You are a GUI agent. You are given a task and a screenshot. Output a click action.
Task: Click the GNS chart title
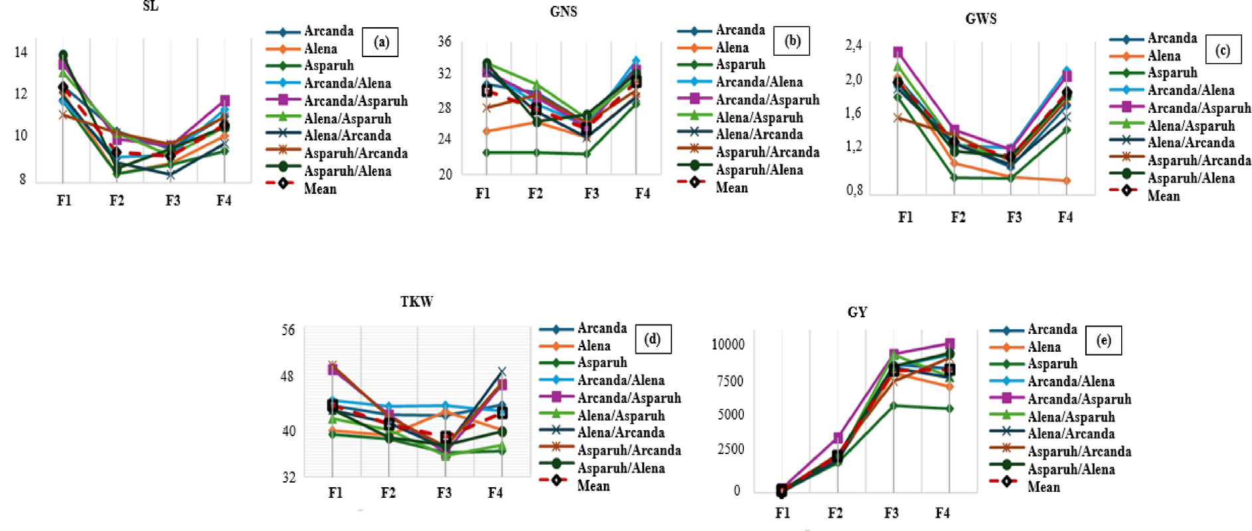[x=563, y=11]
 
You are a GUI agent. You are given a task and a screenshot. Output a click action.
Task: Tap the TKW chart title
[x=416, y=301]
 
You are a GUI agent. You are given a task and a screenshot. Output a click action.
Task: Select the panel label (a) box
[x=381, y=42]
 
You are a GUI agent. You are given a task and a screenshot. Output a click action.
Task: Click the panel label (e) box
[x=1103, y=340]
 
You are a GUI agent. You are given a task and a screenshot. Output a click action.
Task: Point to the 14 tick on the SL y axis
[x=21, y=52]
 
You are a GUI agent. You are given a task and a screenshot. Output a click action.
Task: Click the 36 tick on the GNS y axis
[x=444, y=41]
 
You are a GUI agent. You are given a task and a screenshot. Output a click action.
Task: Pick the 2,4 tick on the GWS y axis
[x=853, y=45]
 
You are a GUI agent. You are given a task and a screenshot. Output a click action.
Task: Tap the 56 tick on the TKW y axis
[x=288, y=330]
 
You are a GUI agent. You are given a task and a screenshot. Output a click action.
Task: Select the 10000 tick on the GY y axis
[x=727, y=344]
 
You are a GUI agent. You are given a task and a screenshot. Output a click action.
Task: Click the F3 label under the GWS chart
[x=1014, y=217]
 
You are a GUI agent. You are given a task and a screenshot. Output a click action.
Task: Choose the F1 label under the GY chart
[x=782, y=512]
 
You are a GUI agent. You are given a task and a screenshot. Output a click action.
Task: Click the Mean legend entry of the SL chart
[x=319, y=189]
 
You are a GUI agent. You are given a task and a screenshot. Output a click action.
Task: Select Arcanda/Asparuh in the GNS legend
[x=767, y=100]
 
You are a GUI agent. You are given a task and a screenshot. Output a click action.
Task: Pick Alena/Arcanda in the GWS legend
[x=1190, y=142]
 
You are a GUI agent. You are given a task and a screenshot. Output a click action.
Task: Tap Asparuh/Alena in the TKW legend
[x=620, y=468]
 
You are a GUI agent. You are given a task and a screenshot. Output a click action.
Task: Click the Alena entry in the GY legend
[x=1043, y=346]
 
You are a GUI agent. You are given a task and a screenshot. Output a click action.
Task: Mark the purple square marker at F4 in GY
[x=950, y=344]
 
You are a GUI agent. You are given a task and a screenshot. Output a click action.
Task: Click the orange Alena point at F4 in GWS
[x=1066, y=181]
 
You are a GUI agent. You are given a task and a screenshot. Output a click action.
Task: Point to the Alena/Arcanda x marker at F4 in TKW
[x=502, y=372]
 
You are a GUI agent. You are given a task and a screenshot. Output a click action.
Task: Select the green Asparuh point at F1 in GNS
[x=486, y=153]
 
